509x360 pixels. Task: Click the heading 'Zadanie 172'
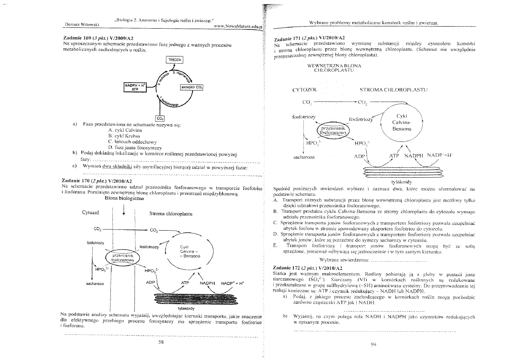tap(290, 268)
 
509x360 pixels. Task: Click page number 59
tap(373, 344)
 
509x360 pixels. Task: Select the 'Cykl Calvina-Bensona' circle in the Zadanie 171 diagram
tap(401, 123)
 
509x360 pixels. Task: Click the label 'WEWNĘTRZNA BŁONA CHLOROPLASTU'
tap(334, 68)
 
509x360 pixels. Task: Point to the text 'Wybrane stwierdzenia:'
tap(344, 259)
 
